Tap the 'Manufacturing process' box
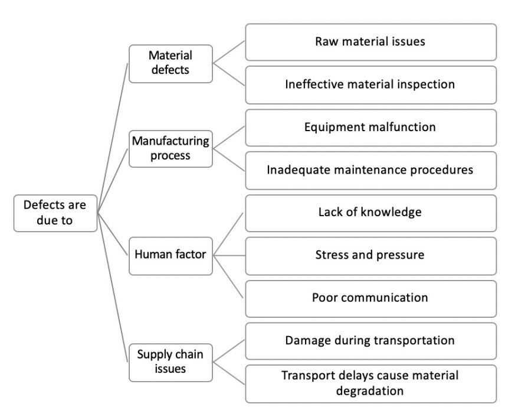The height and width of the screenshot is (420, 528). (170, 149)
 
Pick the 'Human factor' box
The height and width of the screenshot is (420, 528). (170, 256)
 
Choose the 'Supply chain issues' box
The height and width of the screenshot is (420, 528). (170, 362)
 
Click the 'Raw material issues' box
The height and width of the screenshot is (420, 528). (370, 42)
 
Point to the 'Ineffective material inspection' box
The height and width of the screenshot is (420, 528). (370, 84)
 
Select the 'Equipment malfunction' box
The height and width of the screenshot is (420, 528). (370, 128)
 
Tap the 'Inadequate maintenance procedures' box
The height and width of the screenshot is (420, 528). (370, 170)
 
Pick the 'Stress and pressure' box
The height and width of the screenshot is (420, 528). (370, 256)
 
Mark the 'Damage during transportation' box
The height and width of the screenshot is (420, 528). (370, 341)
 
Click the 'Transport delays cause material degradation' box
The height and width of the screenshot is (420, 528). (370, 384)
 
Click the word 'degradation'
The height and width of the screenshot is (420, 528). (370, 391)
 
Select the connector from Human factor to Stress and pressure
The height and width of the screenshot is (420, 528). (229, 256)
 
